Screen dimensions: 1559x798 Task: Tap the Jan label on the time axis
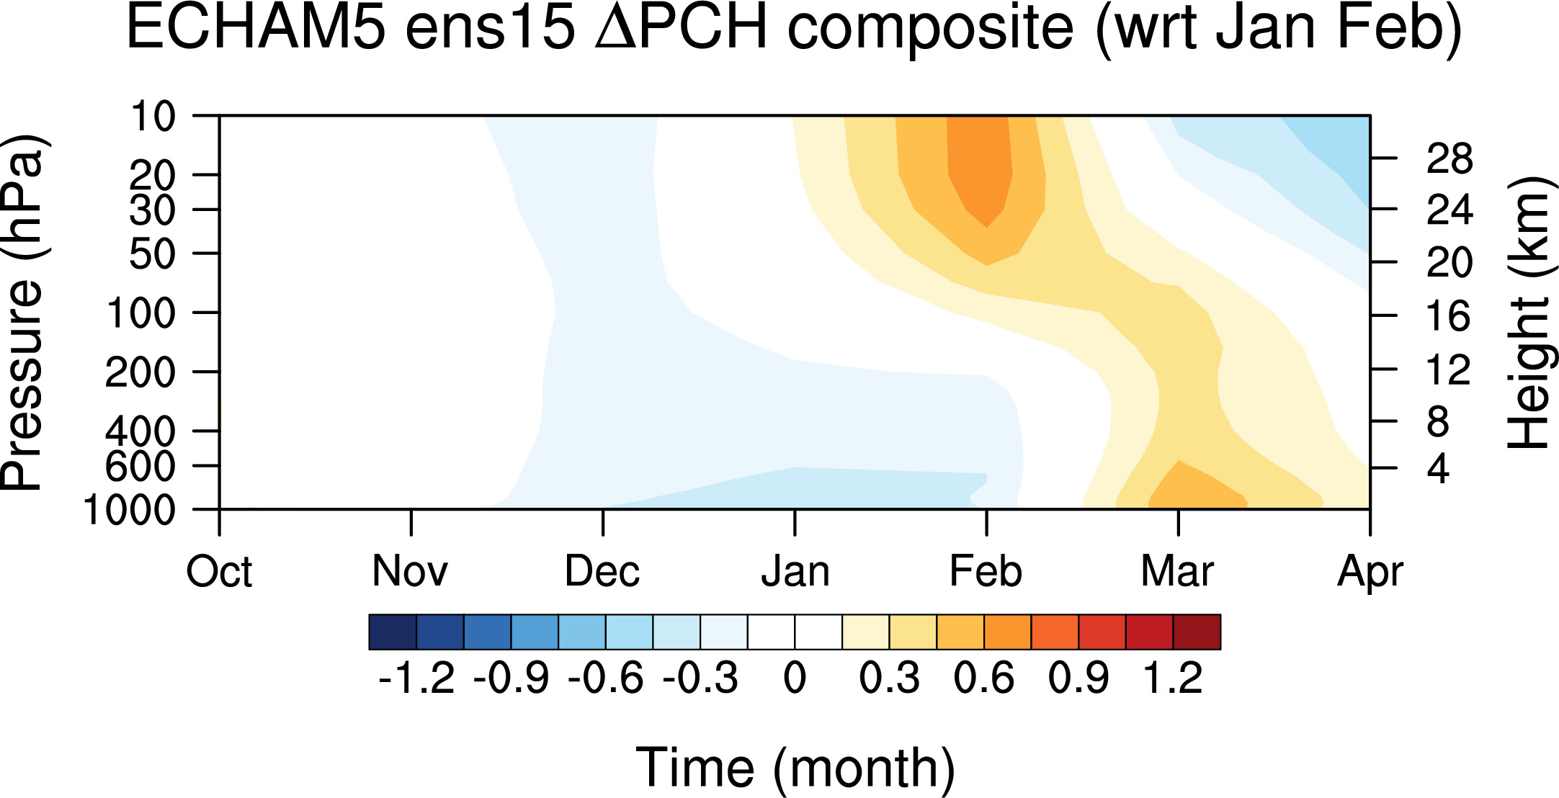(795, 572)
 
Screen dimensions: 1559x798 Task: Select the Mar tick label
(1178, 572)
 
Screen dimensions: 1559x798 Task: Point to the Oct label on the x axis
(219, 572)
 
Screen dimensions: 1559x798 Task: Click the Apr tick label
(1370, 573)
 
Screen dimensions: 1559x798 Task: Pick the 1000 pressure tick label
(130, 510)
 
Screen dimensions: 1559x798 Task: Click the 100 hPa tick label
(140, 313)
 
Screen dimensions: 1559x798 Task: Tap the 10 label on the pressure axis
(153, 116)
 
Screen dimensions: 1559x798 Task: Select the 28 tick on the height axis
(1449, 158)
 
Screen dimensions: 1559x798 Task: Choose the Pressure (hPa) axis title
(23, 312)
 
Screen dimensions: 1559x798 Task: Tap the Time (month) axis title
(795, 768)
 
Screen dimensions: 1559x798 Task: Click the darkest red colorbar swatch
(1197, 632)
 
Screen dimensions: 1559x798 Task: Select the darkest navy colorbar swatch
(393, 632)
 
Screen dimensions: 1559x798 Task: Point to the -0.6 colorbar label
(606, 678)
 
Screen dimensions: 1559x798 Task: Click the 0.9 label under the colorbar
(1079, 678)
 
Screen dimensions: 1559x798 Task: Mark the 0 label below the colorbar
(795, 678)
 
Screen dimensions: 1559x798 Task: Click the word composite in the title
(931, 29)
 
